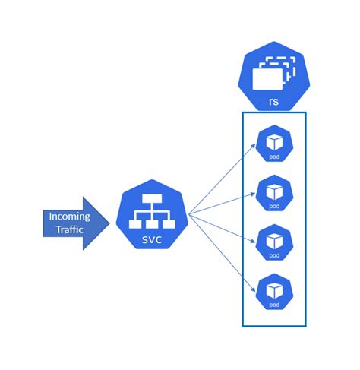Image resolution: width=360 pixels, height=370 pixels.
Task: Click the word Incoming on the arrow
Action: tap(69, 216)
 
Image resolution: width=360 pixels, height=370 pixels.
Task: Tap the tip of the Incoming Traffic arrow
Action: tap(109, 223)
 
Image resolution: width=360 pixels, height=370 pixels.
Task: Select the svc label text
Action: tap(153, 240)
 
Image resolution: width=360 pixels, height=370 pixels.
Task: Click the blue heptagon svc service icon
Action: tap(153, 216)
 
